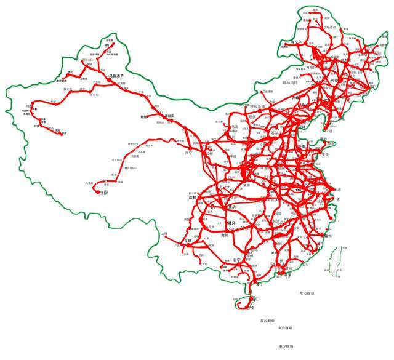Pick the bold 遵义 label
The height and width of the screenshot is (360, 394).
click(231, 223)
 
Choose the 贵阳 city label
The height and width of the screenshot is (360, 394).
click(226, 235)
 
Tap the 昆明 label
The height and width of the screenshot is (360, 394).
click(191, 241)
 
